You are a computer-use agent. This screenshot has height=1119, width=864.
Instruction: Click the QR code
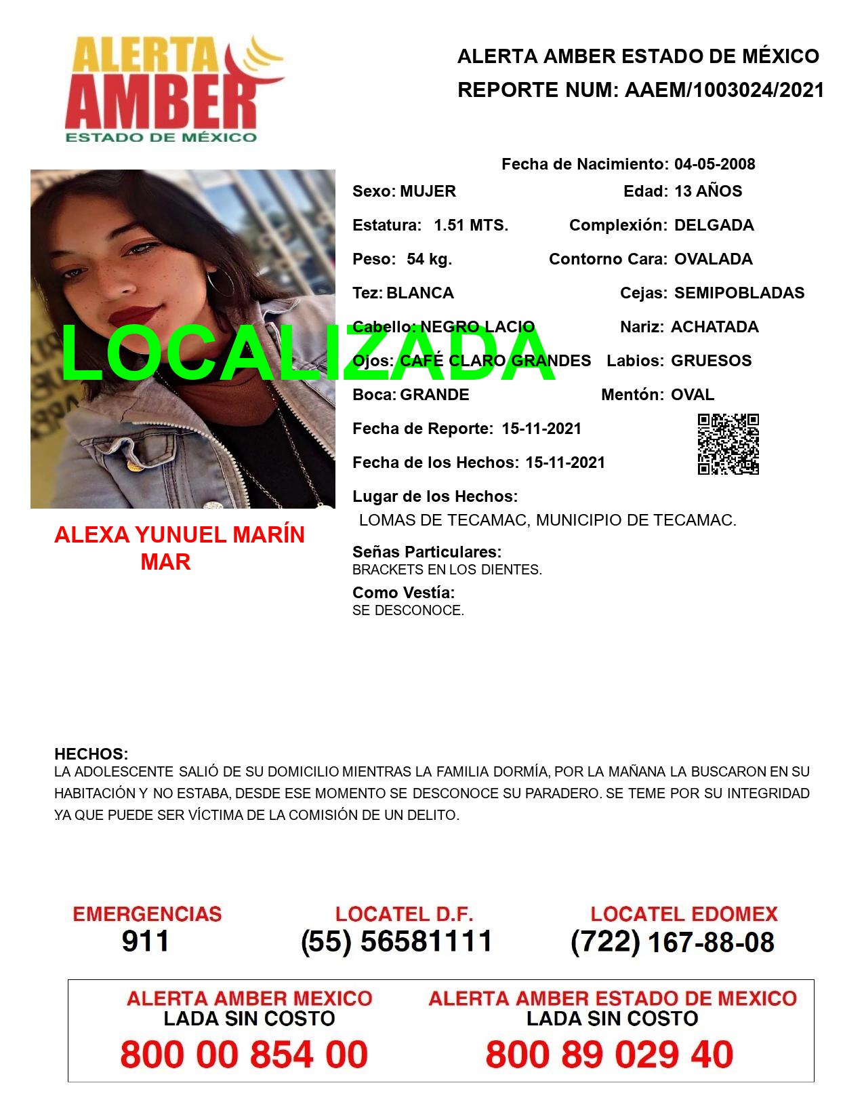click(728, 444)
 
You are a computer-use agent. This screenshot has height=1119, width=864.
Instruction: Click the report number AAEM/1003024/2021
click(724, 90)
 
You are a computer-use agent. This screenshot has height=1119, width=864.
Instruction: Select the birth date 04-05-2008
click(714, 164)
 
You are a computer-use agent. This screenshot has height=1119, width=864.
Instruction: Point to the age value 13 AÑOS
click(708, 191)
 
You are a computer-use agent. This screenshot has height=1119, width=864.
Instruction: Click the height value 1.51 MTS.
click(470, 225)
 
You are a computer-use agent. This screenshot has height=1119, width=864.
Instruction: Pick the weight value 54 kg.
click(429, 259)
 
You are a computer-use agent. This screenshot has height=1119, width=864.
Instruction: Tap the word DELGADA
click(714, 225)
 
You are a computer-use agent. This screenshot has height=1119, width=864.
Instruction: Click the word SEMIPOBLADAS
click(739, 293)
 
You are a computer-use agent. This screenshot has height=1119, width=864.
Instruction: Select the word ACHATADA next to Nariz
click(714, 327)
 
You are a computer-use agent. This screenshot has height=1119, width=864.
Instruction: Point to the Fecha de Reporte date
click(541, 429)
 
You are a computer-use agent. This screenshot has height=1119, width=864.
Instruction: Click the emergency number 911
click(146, 941)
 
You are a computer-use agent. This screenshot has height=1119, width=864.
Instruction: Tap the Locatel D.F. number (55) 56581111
click(397, 941)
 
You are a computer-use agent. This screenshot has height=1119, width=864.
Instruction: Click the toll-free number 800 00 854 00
click(244, 1055)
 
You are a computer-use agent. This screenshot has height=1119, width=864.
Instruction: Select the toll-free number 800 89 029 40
click(609, 1055)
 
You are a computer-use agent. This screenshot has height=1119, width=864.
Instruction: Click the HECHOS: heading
click(91, 754)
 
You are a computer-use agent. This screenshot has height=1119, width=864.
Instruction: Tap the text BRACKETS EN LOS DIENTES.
click(447, 570)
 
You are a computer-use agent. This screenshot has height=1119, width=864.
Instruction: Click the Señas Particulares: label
click(427, 552)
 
